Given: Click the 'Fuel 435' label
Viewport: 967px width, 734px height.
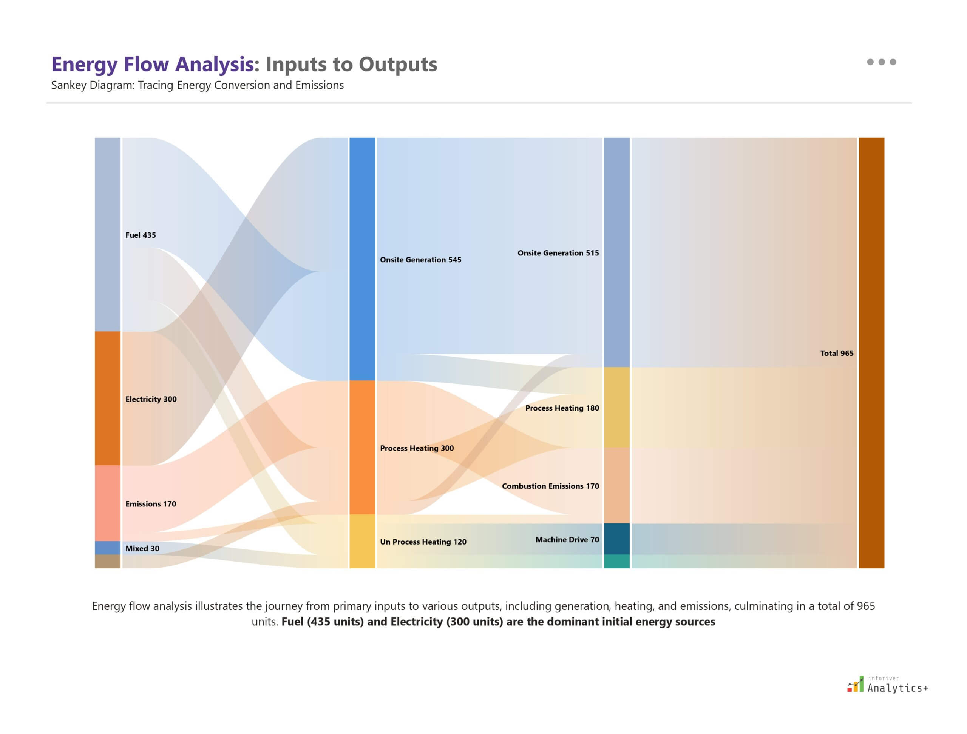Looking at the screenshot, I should tap(141, 235).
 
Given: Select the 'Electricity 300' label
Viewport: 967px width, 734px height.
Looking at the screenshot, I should tap(151, 399).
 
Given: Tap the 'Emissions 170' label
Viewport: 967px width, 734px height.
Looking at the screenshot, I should tap(150, 504).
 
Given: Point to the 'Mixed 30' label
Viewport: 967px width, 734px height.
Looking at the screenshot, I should tap(142, 548).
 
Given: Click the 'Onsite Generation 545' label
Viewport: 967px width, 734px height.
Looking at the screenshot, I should tap(420, 260).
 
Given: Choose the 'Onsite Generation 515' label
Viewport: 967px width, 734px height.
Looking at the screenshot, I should tap(558, 253).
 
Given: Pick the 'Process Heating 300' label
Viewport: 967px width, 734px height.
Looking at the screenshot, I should tap(416, 448).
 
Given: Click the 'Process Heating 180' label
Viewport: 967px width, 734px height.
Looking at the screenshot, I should tap(562, 408).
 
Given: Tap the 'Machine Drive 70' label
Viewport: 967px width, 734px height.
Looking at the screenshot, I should tap(567, 540).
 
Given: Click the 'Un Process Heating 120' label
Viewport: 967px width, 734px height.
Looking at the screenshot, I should tap(423, 542).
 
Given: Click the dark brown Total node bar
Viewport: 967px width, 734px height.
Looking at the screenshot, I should tap(871, 353).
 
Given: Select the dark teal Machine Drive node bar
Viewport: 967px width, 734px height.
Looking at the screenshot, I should tap(617, 539).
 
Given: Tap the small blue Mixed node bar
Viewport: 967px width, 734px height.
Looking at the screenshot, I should tap(108, 548).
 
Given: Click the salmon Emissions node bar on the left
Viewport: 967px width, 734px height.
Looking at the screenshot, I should tap(108, 503).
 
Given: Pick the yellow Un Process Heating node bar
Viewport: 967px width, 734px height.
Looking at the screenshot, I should tap(362, 541).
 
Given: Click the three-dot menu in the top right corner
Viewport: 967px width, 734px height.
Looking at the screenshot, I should tap(881, 62).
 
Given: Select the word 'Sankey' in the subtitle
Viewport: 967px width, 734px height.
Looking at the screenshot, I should tap(69, 85).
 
